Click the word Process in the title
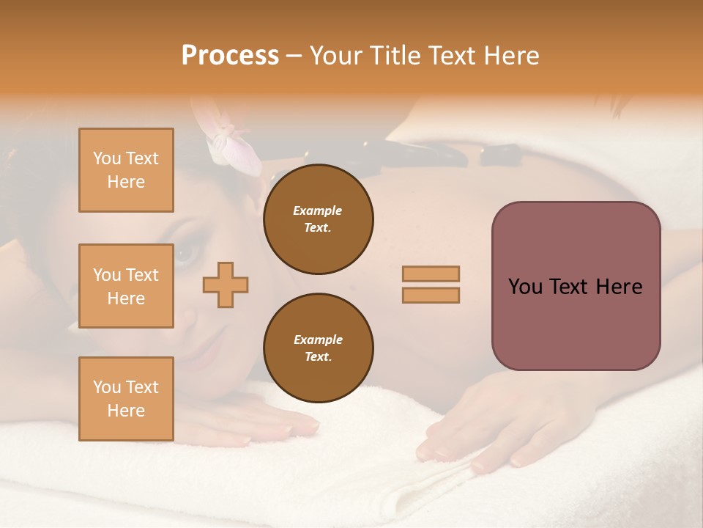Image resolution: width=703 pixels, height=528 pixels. pos(230,55)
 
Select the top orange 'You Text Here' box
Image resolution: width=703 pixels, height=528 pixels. pos(126,170)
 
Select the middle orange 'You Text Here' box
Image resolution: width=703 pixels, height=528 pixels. pos(126,286)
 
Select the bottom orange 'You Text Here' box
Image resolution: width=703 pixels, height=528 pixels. pos(126,398)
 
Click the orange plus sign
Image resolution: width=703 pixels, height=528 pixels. pos(226,285)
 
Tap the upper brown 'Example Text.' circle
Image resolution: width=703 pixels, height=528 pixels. pos(319,219)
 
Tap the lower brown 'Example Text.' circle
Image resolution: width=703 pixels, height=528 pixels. pos(319,348)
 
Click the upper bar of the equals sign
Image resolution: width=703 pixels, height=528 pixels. pos(431,274)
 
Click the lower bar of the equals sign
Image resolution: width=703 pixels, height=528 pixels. pos(431,295)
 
